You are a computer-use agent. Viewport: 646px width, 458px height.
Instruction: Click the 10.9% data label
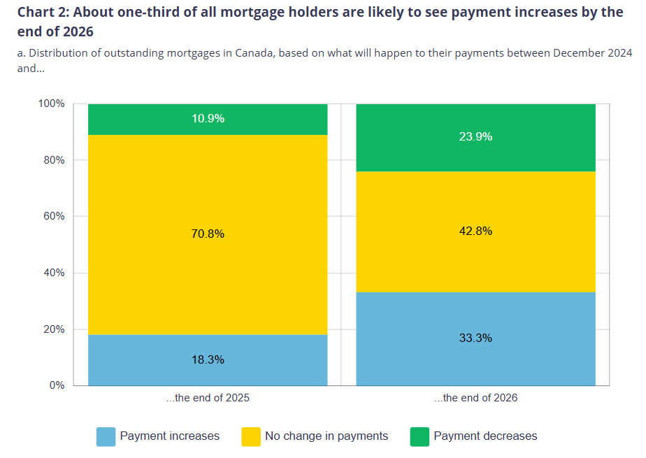208,119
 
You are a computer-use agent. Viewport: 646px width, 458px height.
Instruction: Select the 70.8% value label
208,234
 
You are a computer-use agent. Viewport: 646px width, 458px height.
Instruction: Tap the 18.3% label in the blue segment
208,360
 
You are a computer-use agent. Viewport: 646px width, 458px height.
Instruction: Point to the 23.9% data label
475,137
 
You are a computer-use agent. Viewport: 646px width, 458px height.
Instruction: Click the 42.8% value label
475,231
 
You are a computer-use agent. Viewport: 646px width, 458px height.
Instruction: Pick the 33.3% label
475,338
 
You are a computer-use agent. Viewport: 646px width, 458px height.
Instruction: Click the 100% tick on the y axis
51,103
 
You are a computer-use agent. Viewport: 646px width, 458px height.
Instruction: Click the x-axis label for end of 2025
208,398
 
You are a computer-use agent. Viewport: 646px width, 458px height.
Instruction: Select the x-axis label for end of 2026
475,398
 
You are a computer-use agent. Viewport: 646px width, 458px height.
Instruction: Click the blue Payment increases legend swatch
106,436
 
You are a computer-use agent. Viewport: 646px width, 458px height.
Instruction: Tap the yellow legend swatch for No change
250,436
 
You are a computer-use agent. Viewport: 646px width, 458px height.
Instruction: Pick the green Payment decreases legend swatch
419,436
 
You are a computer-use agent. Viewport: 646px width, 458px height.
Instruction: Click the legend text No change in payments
326,436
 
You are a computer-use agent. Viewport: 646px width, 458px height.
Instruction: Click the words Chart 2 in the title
43,13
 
